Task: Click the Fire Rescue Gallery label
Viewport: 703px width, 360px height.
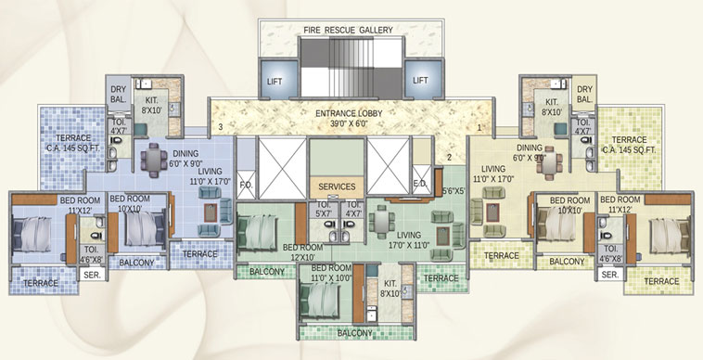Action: point(349,30)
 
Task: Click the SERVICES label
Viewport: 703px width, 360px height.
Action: point(337,186)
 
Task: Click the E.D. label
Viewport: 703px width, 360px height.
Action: point(419,184)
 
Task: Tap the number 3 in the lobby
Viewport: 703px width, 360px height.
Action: point(221,126)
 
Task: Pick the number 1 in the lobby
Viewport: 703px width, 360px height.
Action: point(479,126)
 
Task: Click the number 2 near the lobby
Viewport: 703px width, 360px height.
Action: point(449,158)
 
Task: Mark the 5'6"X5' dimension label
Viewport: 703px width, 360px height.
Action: point(452,192)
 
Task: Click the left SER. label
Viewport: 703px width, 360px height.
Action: point(92,276)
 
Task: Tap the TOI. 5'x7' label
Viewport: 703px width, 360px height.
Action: point(325,208)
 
